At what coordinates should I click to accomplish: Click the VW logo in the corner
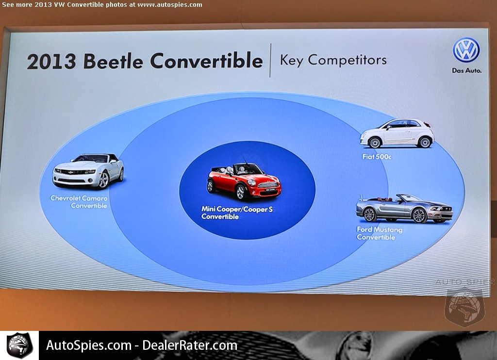(x=466, y=50)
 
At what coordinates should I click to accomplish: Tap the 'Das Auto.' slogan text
(x=466, y=70)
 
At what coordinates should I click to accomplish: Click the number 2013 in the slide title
(x=51, y=61)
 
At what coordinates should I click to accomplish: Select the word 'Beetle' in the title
(x=113, y=61)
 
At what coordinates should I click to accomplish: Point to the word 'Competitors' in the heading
(x=347, y=60)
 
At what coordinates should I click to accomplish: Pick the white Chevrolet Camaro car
(x=88, y=171)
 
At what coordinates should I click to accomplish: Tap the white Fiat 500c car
(x=397, y=133)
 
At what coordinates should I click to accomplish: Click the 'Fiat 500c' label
(x=377, y=157)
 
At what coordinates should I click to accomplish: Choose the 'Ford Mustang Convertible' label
(x=380, y=233)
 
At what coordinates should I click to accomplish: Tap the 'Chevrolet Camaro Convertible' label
(x=79, y=202)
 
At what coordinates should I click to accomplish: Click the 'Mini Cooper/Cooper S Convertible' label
(x=237, y=213)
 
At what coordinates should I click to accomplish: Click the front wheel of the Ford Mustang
(x=419, y=215)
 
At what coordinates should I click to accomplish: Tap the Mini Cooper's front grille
(x=268, y=185)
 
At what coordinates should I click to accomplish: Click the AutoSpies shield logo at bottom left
(x=19, y=345)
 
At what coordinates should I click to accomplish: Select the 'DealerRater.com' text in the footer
(x=190, y=345)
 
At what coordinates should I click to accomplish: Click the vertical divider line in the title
(x=270, y=60)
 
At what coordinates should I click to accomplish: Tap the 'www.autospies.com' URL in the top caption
(x=169, y=5)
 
